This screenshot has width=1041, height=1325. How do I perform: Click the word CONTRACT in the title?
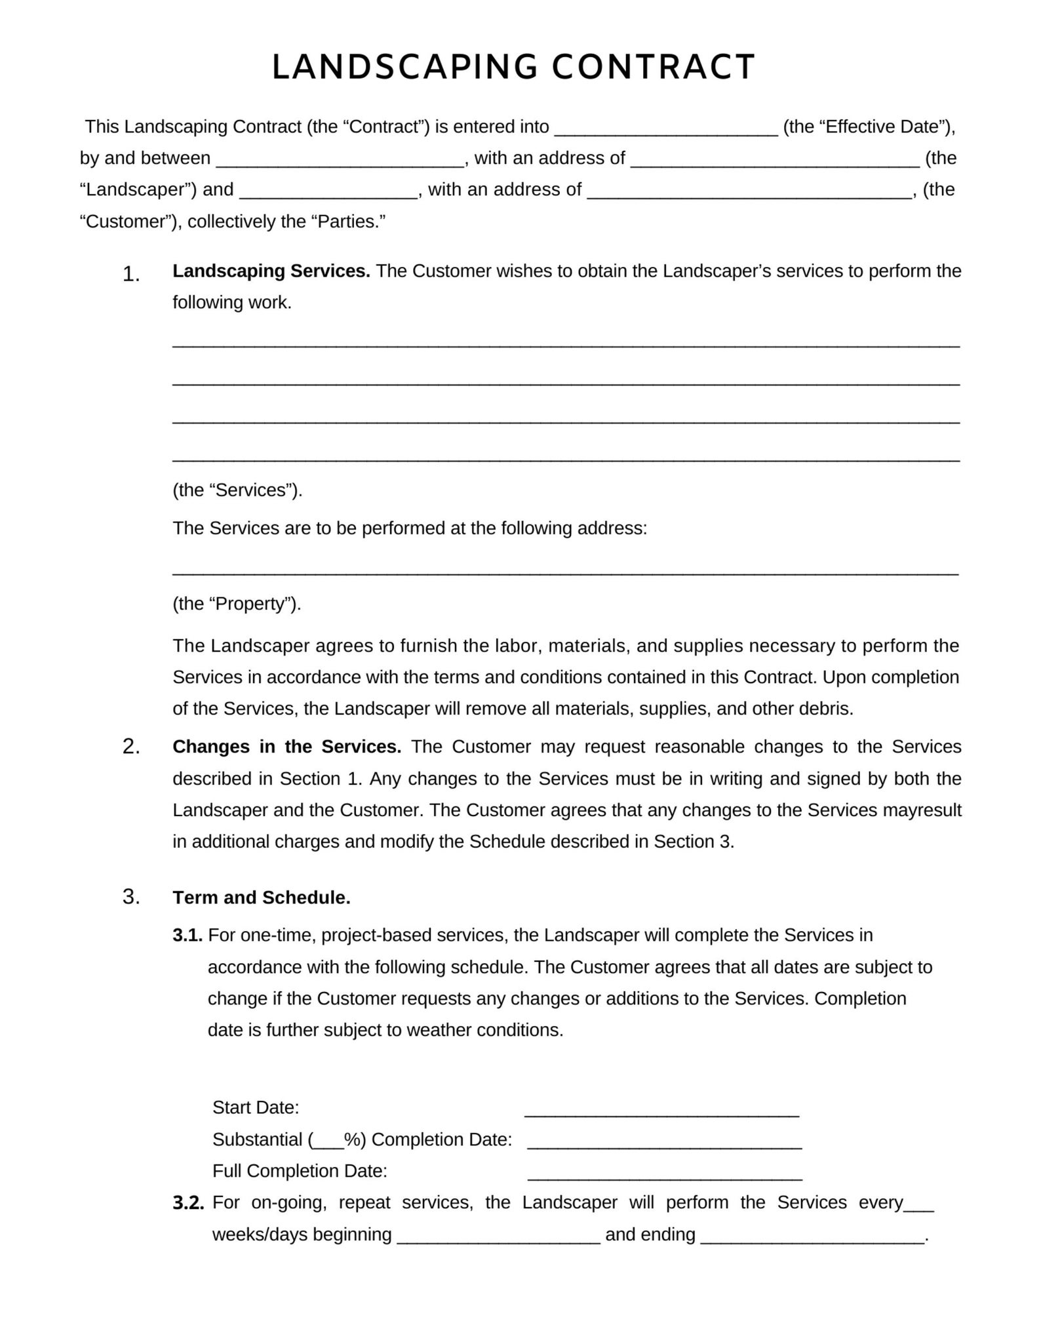[654, 68]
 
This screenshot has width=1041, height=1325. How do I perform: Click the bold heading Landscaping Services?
[271, 271]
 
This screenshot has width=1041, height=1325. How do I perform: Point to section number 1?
[130, 275]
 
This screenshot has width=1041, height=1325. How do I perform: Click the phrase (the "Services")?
[237, 490]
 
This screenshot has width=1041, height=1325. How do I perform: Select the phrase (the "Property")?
[237, 604]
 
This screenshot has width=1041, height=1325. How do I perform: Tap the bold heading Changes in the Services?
[286, 747]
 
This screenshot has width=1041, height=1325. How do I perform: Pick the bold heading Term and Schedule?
[261, 898]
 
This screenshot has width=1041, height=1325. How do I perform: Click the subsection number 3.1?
[187, 936]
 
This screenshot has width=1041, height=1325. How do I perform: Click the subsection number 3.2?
[188, 1203]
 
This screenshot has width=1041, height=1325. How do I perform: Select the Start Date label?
[256, 1108]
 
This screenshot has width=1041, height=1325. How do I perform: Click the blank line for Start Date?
[661, 1112]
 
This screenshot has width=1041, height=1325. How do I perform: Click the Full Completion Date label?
[300, 1172]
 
